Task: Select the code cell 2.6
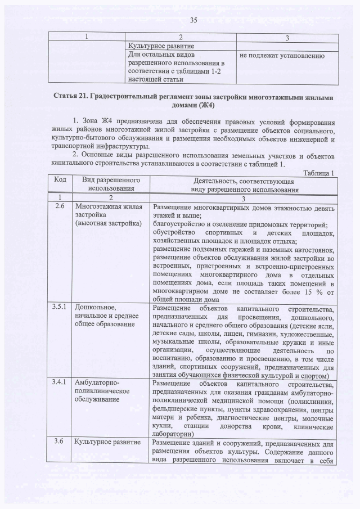pyautogui.click(x=60, y=207)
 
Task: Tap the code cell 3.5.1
pyautogui.click(x=60, y=308)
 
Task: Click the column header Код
pyautogui.click(x=60, y=179)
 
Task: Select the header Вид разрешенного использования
pyautogui.click(x=111, y=184)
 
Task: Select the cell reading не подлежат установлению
pyautogui.click(x=281, y=56)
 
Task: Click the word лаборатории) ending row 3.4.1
pyautogui.click(x=177, y=434)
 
